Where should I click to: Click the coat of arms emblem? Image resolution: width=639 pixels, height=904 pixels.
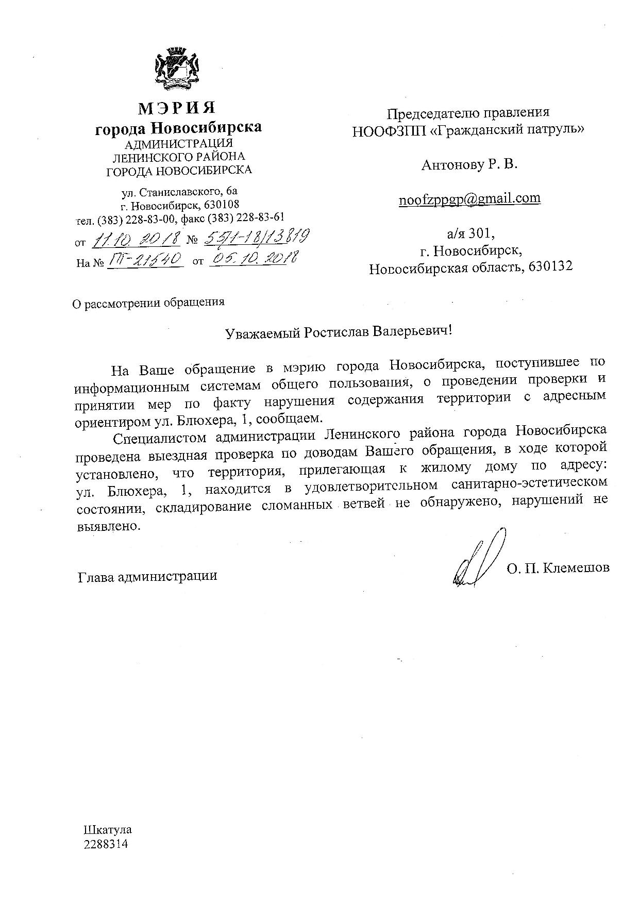click(x=177, y=70)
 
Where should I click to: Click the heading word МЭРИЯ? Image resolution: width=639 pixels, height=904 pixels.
click(x=177, y=108)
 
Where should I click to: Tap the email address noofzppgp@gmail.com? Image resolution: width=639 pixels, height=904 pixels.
click(x=469, y=198)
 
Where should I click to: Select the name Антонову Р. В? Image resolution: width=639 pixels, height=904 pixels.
click(x=469, y=165)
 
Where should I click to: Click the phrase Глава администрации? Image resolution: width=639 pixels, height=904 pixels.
click(x=147, y=576)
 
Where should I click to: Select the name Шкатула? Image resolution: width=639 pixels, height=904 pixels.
click(x=107, y=830)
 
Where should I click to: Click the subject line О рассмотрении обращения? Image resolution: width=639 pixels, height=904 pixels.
click(x=148, y=303)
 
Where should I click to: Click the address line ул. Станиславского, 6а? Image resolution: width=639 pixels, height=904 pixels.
click(x=179, y=193)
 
